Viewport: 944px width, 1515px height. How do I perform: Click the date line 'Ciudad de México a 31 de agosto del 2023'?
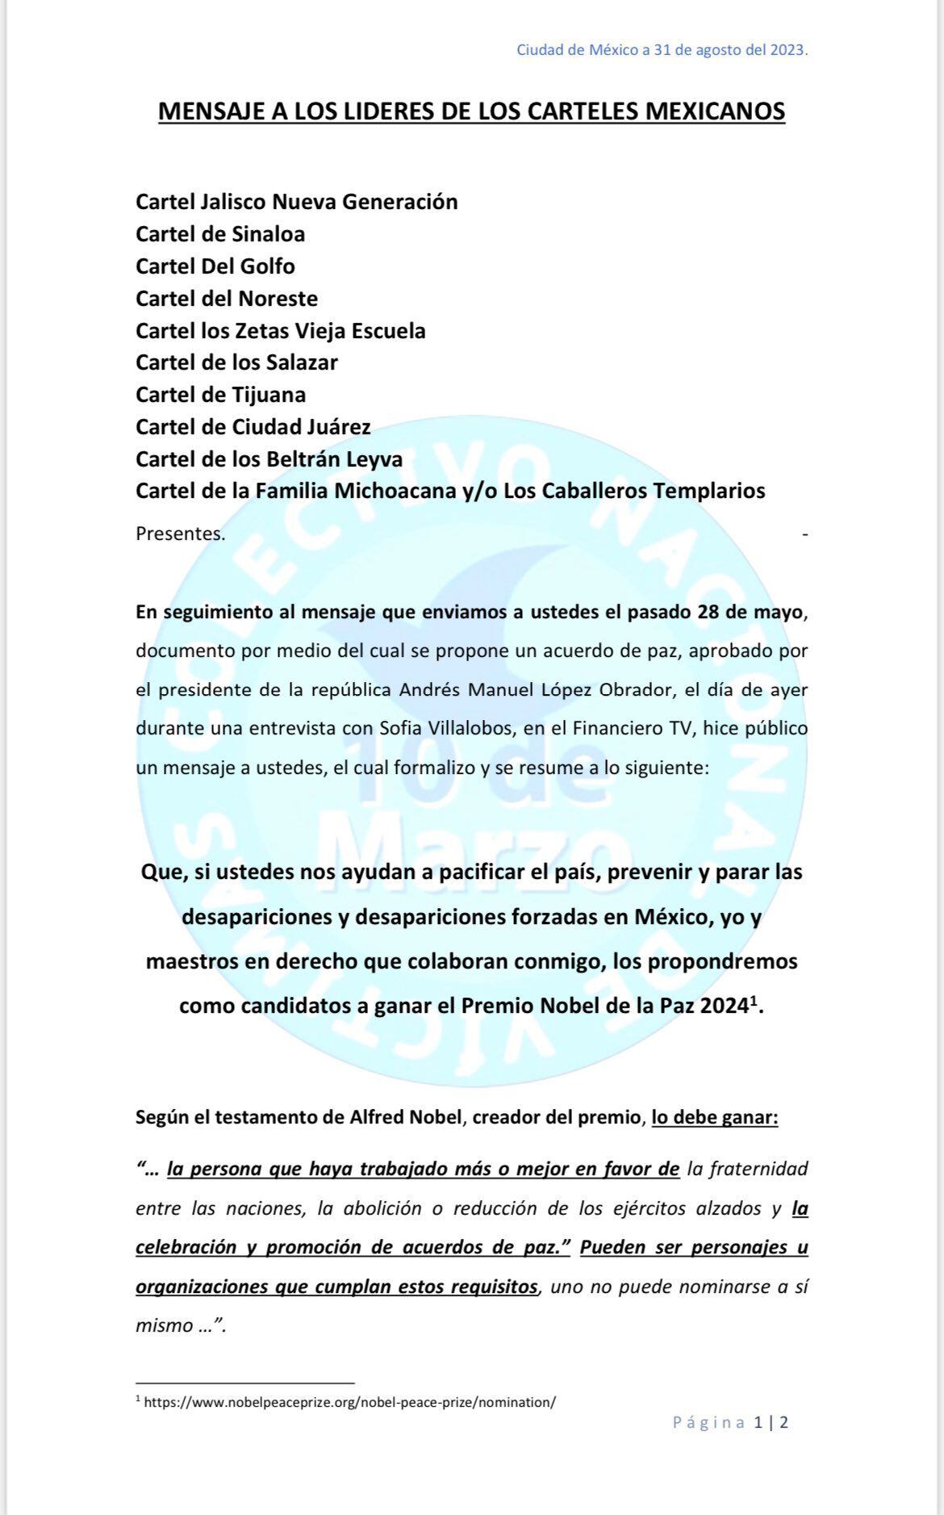point(662,50)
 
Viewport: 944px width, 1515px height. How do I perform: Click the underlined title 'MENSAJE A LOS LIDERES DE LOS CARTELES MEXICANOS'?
point(471,111)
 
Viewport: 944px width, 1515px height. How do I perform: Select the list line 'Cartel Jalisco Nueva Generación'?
point(296,202)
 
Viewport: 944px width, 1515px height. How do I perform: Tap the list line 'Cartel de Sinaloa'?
point(220,234)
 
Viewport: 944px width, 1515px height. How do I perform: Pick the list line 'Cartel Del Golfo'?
point(215,266)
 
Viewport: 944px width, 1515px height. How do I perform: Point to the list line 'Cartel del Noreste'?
point(227,299)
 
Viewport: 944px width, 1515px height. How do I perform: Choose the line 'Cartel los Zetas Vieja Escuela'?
point(280,331)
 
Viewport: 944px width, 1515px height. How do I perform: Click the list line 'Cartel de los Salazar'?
point(236,362)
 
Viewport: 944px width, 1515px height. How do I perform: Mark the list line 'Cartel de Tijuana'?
point(220,395)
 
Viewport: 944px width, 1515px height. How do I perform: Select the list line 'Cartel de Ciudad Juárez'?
point(253,427)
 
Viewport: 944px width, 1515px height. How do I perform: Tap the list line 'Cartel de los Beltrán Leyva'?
point(269,459)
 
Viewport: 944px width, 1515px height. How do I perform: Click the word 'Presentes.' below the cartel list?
point(181,534)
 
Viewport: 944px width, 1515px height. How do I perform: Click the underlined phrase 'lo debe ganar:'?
point(715,1118)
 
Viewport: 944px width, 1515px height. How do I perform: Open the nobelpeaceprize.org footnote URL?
point(349,1402)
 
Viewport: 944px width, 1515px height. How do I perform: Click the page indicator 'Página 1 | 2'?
point(730,1445)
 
